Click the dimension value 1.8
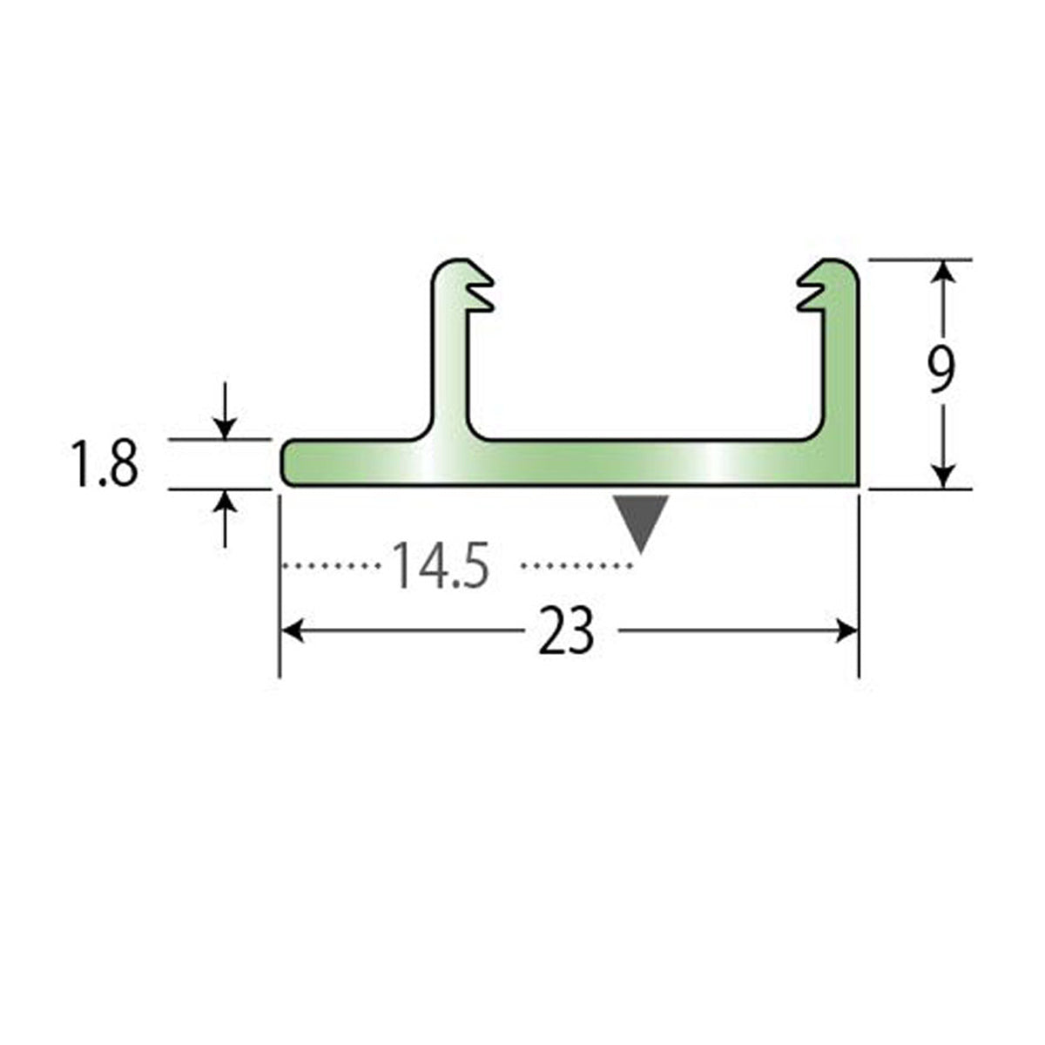(104, 464)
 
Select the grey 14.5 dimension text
(440, 565)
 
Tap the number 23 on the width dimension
(566, 632)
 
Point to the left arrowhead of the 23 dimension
(292, 631)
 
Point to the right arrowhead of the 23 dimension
(847, 631)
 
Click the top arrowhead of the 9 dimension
(944, 271)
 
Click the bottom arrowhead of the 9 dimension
(944, 477)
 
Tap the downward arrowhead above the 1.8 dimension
(225, 428)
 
